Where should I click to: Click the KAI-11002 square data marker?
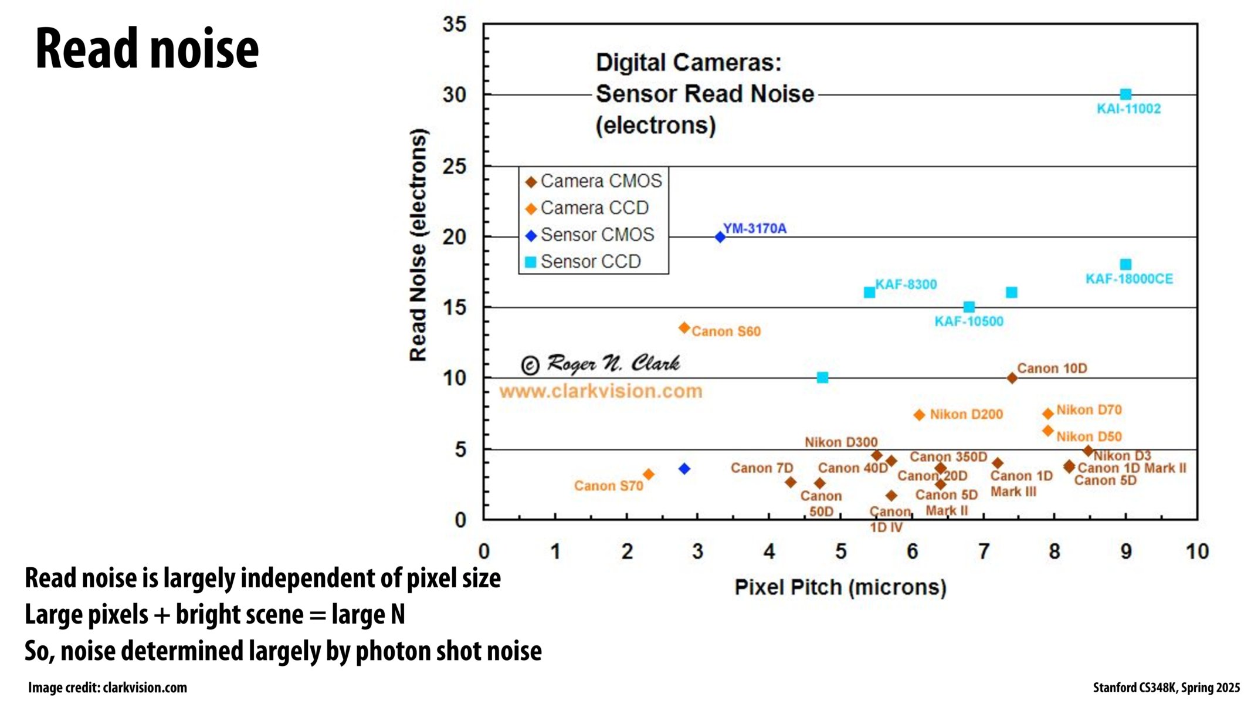(x=1125, y=94)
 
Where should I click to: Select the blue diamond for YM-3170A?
(x=720, y=237)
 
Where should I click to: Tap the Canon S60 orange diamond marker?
(x=684, y=328)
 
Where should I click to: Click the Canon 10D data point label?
(x=1052, y=368)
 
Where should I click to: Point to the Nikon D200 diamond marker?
(x=919, y=415)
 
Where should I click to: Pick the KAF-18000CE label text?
(x=1129, y=279)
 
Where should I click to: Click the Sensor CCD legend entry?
(x=590, y=262)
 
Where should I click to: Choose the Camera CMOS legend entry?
(x=601, y=181)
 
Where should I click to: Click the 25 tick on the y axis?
(x=455, y=167)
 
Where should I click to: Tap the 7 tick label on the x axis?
(x=984, y=551)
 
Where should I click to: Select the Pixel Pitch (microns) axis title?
(x=840, y=587)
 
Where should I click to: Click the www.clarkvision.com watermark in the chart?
(x=601, y=391)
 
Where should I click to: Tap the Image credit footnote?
(x=107, y=688)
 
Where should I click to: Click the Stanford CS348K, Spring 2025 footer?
(x=1166, y=688)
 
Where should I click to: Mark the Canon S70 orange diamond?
(x=648, y=474)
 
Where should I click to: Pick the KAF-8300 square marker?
(x=869, y=292)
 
